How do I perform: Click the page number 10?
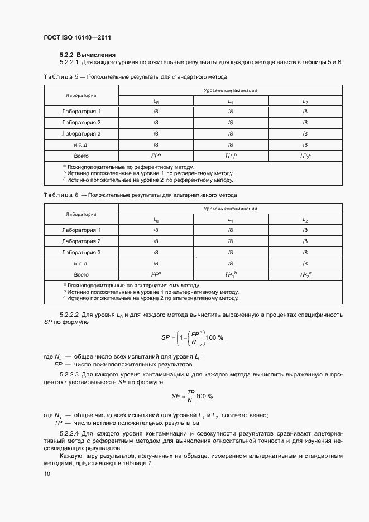click(47, 474)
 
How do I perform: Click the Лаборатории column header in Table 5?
click(81, 95)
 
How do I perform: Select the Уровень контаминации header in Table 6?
click(230, 209)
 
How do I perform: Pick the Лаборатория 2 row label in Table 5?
click(81, 123)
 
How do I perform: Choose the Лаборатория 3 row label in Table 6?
click(81, 253)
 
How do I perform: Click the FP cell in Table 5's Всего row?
click(156, 156)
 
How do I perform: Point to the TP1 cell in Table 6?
click(231, 275)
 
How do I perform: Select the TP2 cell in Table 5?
click(305, 156)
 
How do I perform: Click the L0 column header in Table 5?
click(156, 101)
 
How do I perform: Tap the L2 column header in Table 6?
click(305, 220)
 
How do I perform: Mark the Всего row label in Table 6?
click(81, 275)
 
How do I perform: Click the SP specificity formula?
click(192, 338)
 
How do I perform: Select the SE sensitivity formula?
click(192, 397)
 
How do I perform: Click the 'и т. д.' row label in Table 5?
click(81, 145)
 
